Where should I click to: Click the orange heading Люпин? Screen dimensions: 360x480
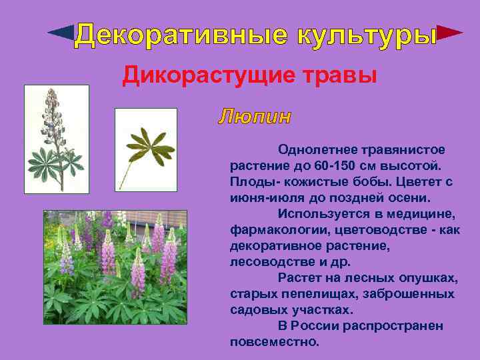point(255,117)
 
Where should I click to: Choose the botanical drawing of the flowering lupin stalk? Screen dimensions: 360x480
point(57,139)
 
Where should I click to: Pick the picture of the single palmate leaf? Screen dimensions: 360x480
point(145,149)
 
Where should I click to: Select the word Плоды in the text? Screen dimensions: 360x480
point(247,181)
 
